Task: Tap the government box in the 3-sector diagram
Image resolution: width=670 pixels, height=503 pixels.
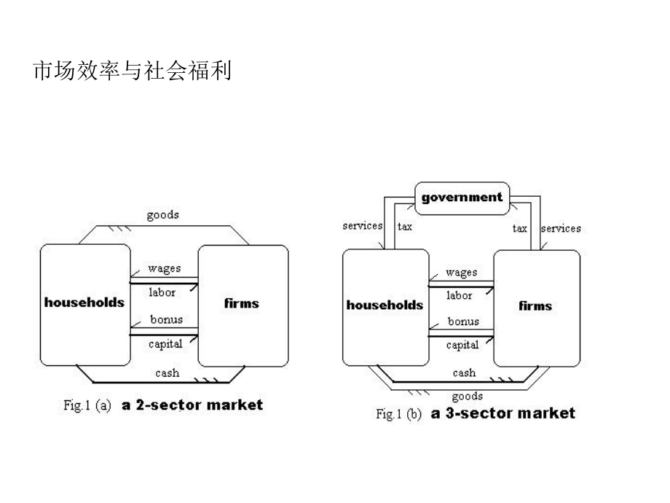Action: pyautogui.click(x=462, y=198)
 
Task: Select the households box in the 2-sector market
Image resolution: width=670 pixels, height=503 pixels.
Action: pyautogui.click(x=84, y=303)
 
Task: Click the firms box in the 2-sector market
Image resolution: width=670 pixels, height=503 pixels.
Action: pyautogui.click(x=242, y=303)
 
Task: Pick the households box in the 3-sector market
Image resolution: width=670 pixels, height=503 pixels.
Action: pyautogui.click(x=385, y=305)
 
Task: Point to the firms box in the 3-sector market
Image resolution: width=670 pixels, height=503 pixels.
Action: pyautogui.click(x=535, y=306)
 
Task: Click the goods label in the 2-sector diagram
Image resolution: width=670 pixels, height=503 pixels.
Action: pyautogui.click(x=162, y=215)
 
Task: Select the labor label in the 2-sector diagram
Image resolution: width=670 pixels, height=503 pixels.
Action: pyautogui.click(x=162, y=292)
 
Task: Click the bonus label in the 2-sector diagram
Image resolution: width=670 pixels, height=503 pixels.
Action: pyautogui.click(x=166, y=319)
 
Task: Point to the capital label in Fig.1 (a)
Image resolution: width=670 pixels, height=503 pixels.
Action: pyautogui.click(x=165, y=343)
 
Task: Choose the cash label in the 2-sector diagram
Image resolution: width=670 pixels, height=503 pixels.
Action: pyautogui.click(x=167, y=373)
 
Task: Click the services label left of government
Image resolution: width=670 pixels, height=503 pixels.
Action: pyautogui.click(x=363, y=226)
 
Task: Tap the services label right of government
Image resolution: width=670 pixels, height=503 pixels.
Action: pyautogui.click(x=561, y=228)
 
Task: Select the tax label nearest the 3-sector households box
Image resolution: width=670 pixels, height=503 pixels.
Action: pyautogui.click(x=405, y=227)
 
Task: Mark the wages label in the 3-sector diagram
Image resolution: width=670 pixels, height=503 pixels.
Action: pyautogui.click(x=461, y=273)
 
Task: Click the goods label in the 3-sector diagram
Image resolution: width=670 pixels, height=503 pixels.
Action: pyautogui.click(x=467, y=397)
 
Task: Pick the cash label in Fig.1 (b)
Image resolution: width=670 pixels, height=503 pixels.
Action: pyautogui.click(x=464, y=373)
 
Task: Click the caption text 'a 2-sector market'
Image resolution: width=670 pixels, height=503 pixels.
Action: pyautogui.click(x=192, y=405)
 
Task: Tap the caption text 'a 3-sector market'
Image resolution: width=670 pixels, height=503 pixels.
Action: pyautogui.click(x=502, y=413)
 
